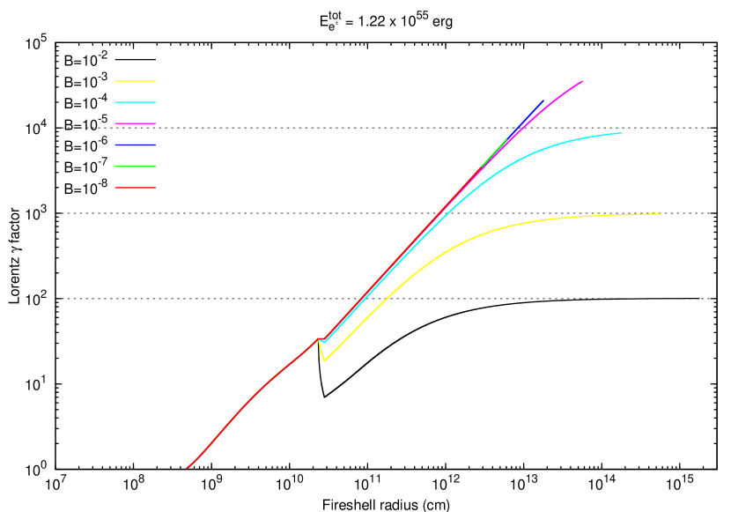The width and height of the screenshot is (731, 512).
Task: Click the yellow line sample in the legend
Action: [135, 81]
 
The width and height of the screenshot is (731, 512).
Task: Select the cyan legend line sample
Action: [135, 102]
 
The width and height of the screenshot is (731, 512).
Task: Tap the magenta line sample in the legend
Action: [135, 123]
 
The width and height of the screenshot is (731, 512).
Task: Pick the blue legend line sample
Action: [135, 145]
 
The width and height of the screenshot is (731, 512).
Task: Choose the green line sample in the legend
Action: [135, 166]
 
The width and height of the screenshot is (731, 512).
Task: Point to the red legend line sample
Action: [135, 188]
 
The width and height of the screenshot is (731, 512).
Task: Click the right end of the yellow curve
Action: [660, 214]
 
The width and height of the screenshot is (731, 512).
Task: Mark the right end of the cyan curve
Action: [622, 133]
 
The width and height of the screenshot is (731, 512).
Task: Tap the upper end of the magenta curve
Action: [582, 81]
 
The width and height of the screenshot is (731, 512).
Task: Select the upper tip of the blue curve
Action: [543, 101]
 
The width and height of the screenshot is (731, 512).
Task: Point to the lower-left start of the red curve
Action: [187, 468]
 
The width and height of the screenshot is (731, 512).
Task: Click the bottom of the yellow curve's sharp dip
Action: [325, 360]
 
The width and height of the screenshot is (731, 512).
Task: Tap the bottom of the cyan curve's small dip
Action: [326, 341]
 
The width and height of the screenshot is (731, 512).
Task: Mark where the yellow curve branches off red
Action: [319, 338]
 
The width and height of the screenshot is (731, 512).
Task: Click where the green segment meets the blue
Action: [507, 138]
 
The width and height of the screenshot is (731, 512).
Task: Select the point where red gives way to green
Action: [483, 165]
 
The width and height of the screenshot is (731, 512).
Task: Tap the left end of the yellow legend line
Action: [115, 81]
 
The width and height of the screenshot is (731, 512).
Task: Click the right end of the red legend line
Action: [155, 188]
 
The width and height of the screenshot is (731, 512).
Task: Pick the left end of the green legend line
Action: [115, 166]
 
